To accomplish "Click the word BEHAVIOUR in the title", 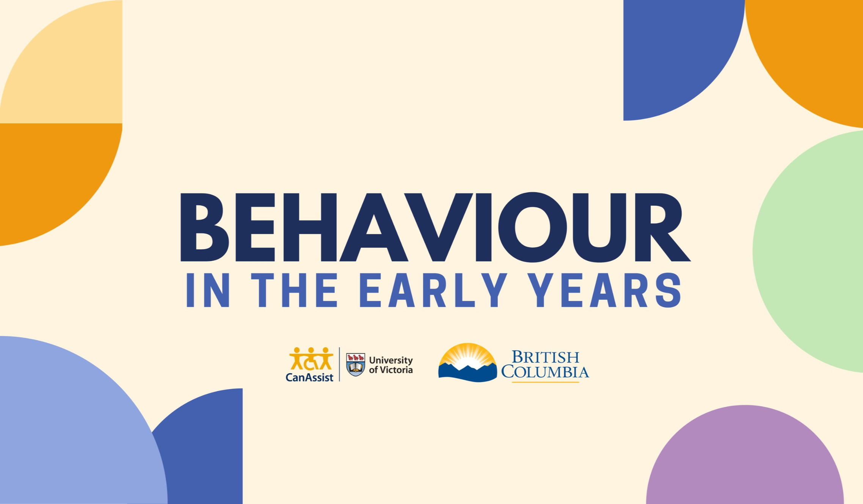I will coord(435,227).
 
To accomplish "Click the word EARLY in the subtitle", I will coord(433,290).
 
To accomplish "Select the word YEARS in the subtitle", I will coord(605,290).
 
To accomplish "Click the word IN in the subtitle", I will coord(208,290).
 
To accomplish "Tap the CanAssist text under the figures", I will coord(309,377).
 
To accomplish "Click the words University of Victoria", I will coord(391,365).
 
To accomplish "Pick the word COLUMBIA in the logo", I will coord(545,372).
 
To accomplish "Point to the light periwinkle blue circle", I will coord(68,428).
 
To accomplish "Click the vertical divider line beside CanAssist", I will coord(339,364).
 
